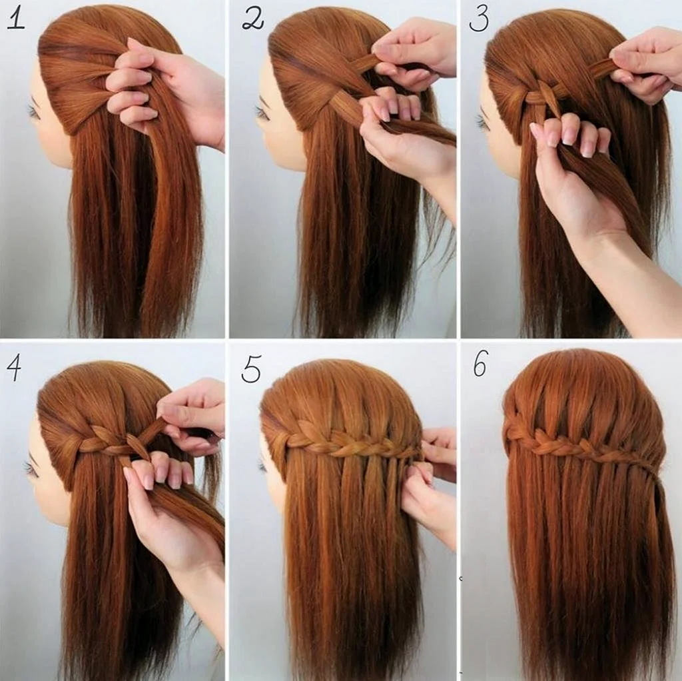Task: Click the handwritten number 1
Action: pyautogui.click(x=16, y=20)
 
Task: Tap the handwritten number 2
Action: pyautogui.click(x=253, y=21)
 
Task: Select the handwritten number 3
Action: pyautogui.click(x=480, y=21)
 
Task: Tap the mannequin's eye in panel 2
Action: pyautogui.click(x=262, y=112)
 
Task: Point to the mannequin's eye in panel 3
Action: pyautogui.click(x=482, y=121)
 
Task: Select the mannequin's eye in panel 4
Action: pyautogui.click(x=31, y=468)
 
